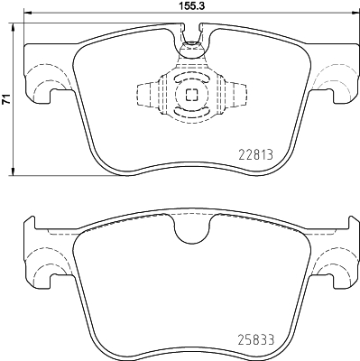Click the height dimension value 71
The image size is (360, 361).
click(6, 101)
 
